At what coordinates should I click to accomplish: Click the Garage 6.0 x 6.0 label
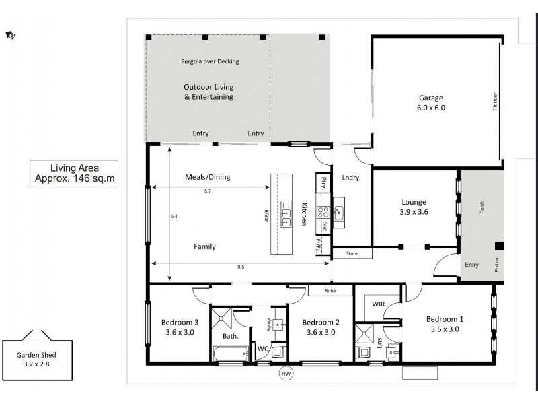pyautogui.click(x=431, y=102)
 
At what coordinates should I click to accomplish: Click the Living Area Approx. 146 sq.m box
pyautogui.click(x=75, y=173)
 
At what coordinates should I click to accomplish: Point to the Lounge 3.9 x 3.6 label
pyautogui.click(x=414, y=207)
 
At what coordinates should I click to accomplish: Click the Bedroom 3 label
pyautogui.click(x=179, y=326)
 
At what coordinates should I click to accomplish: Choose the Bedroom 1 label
pyautogui.click(x=445, y=324)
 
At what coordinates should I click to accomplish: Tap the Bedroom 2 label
pyautogui.click(x=320, y=326)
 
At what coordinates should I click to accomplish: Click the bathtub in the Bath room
pyautogui.click(x=230, y=353)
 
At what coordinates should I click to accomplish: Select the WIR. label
pyautogui.click(x=379, y=304)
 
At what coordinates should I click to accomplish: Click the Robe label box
pyautogui.click(x=330, y=292)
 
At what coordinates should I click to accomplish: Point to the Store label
pyautogui.click(x=352, y=254)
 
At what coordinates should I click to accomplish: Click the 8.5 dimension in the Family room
pyautogui.click(x=241, y=267)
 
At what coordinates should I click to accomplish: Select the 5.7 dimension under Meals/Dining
pyautogui.click(x=208, y=191)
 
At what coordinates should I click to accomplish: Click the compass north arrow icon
pyautogui.click(x=10, y=35)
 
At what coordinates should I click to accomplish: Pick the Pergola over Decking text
pyautogui.click(x=210, y=61)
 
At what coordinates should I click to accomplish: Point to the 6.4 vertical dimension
pyautogui.click(x=174, y=216)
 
